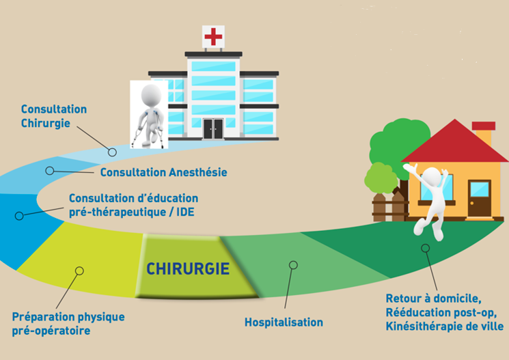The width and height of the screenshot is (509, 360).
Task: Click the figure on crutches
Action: coord(150,113)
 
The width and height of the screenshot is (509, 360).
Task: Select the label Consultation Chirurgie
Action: coord(53,115)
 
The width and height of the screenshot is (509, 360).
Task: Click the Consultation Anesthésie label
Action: coord(163,172)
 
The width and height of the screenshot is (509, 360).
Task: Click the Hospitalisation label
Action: coord(284,322)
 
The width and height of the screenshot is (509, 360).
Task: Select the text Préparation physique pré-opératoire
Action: coord(68,324)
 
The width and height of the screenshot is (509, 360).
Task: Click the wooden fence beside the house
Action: coord(389,206)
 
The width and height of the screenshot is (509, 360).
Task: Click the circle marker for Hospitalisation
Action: coord(293,264)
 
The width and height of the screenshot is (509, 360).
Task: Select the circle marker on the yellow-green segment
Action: coord(79,271)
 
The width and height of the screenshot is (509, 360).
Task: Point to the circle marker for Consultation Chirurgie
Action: coord(113,152)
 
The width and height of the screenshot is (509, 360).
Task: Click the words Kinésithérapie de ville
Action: coord(444,327)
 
